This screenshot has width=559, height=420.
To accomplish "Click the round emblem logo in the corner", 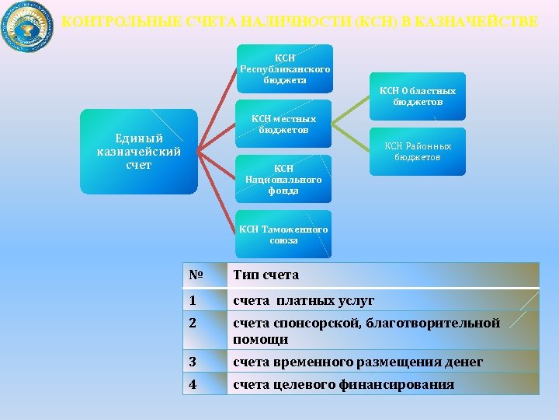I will click(28, 26).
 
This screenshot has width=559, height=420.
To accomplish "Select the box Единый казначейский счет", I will click(138, 152).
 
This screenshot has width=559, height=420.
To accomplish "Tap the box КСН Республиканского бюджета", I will click(285, 68).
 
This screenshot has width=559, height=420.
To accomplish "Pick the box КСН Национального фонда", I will click(284, 179).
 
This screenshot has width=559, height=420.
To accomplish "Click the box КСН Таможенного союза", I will click(284, 234).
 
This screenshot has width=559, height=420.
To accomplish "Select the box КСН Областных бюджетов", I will click(418, 96).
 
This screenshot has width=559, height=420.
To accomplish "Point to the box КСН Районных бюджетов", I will click(418, 151).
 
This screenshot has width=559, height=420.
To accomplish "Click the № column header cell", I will click(205, 275).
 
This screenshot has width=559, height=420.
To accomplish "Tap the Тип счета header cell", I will click(382, 275).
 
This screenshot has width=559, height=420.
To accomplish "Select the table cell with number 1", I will click(205, 300).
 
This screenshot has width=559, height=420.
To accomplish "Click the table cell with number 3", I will click(205, 362).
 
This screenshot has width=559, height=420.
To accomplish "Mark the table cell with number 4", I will click(205, 384).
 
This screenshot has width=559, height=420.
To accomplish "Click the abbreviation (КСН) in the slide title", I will click(375, 22).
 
